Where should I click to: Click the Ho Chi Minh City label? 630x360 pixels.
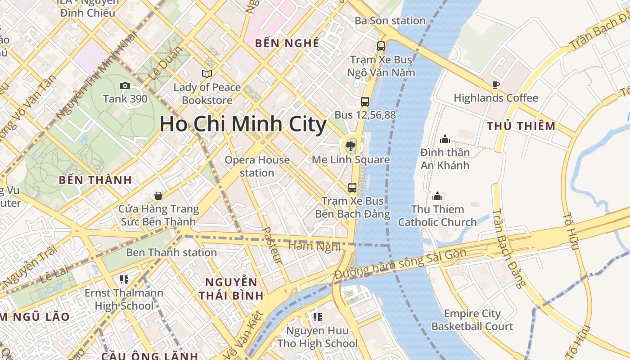(243, 124)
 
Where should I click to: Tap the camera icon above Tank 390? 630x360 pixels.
(125, 85)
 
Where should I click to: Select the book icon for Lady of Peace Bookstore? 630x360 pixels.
(207, 74)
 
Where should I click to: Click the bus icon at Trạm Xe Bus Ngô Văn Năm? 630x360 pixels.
(381, 46)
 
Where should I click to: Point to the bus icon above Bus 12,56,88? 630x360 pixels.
(365, 102)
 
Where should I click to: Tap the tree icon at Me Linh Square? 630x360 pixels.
(349, 145)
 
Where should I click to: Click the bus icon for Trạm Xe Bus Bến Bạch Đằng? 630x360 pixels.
(352, 187)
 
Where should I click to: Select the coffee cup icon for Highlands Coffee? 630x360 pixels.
(495, 85)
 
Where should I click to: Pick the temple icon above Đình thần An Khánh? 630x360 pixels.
(445, 139)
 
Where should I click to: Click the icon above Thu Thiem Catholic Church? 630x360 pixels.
(437, 196)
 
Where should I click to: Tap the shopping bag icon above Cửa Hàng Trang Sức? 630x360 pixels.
(158, 196)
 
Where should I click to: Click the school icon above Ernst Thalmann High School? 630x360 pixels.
(124, 279)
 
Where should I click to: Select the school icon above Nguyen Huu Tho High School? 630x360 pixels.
(318, 317)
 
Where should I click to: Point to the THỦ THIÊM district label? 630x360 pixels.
(521, 126)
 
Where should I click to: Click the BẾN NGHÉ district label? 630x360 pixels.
(287, 43)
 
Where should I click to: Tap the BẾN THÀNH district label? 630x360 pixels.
(95, 180)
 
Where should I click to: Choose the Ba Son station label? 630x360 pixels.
(390, 21)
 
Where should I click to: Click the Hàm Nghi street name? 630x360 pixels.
(314, 246)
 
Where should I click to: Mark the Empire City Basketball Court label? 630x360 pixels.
(472, 320)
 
